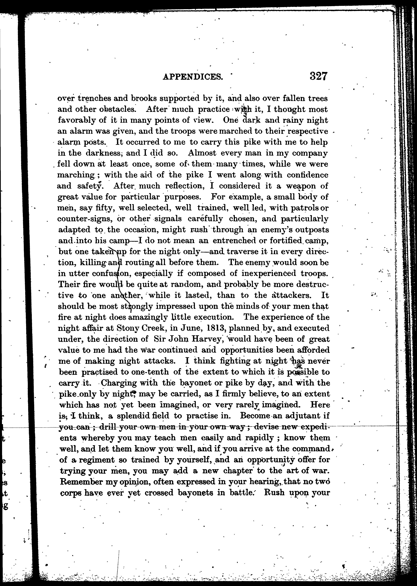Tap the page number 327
tap(318, 76)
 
